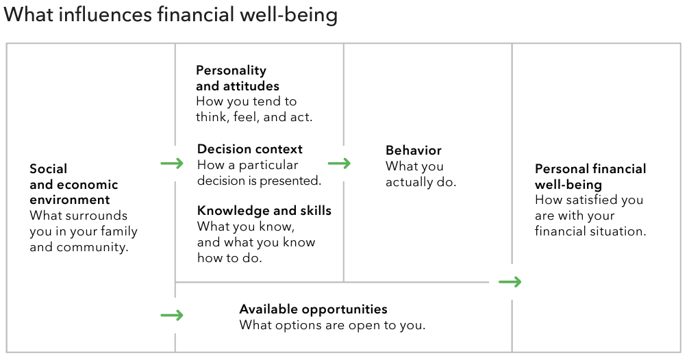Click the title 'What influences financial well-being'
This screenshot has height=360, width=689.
click(x=171, y=15)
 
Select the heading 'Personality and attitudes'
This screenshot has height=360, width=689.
click(x=237, y=78)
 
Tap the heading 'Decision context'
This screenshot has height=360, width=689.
click(x=249, y=149)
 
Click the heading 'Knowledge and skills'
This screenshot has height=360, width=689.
click(x=264, y=211)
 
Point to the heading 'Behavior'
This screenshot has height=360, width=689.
click(x=414, y=150)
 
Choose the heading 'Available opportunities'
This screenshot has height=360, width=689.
click(x=313, y=309)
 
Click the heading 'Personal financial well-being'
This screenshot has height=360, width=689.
click(x=590, y=177)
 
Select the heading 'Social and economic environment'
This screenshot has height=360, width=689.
click(x=74, y=184)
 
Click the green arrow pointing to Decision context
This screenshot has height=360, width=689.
click(x=172, y=164)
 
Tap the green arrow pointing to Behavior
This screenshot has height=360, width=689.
click(x=339, y=164)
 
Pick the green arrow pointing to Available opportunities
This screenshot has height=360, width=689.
click(x=172, y=316)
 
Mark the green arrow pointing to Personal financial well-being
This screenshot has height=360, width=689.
click(x=510, y=282)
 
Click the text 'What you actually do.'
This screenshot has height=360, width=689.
click(x=421, y=175)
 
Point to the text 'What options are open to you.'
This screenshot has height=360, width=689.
click(x=332, y=325)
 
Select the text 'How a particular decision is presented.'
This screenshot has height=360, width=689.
click(x=260, y=173)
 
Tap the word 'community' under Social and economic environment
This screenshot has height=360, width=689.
click(x=92, y=247)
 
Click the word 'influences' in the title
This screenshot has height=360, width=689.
click(x=105, y=15)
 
